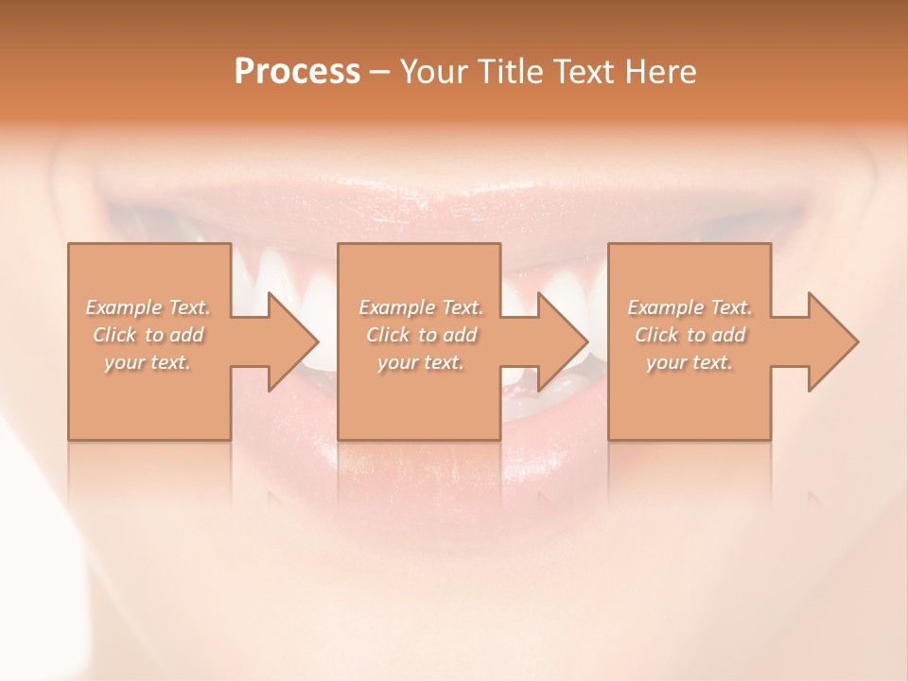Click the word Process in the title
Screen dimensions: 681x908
tap(297, 72)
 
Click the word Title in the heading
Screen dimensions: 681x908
tap(508, 72)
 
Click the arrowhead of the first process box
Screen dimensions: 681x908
tap(294, 341)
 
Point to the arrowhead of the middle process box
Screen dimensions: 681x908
tap(564, 341)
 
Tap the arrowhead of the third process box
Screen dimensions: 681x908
tap(833, 341)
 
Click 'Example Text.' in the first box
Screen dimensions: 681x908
tap(148, 307)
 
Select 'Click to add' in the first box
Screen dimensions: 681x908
tap(148, 335)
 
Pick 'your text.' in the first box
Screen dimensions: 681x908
tap(148, 362)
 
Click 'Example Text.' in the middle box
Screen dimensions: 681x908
tap(421, 307)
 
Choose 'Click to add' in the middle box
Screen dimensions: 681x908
tap(421, 335)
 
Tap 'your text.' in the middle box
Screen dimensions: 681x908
tap(421, 362)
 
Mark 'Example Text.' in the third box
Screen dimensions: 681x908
tap(690, 307)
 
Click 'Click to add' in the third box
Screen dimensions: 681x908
tap(690, 335)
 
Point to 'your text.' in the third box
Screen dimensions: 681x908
tap(690, 362)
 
